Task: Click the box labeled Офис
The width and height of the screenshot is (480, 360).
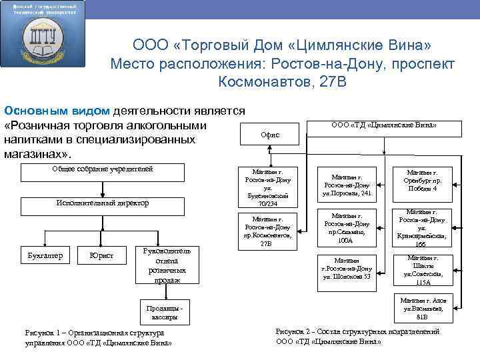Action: coord(271,135)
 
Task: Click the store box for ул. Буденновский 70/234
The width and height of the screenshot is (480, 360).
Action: coord(267,187)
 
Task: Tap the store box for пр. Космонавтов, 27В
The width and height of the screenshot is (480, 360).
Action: coord(267,231)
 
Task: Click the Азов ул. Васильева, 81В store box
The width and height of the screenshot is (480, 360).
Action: coord(426,307)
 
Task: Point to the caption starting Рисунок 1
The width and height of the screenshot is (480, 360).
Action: coord(97,337)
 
